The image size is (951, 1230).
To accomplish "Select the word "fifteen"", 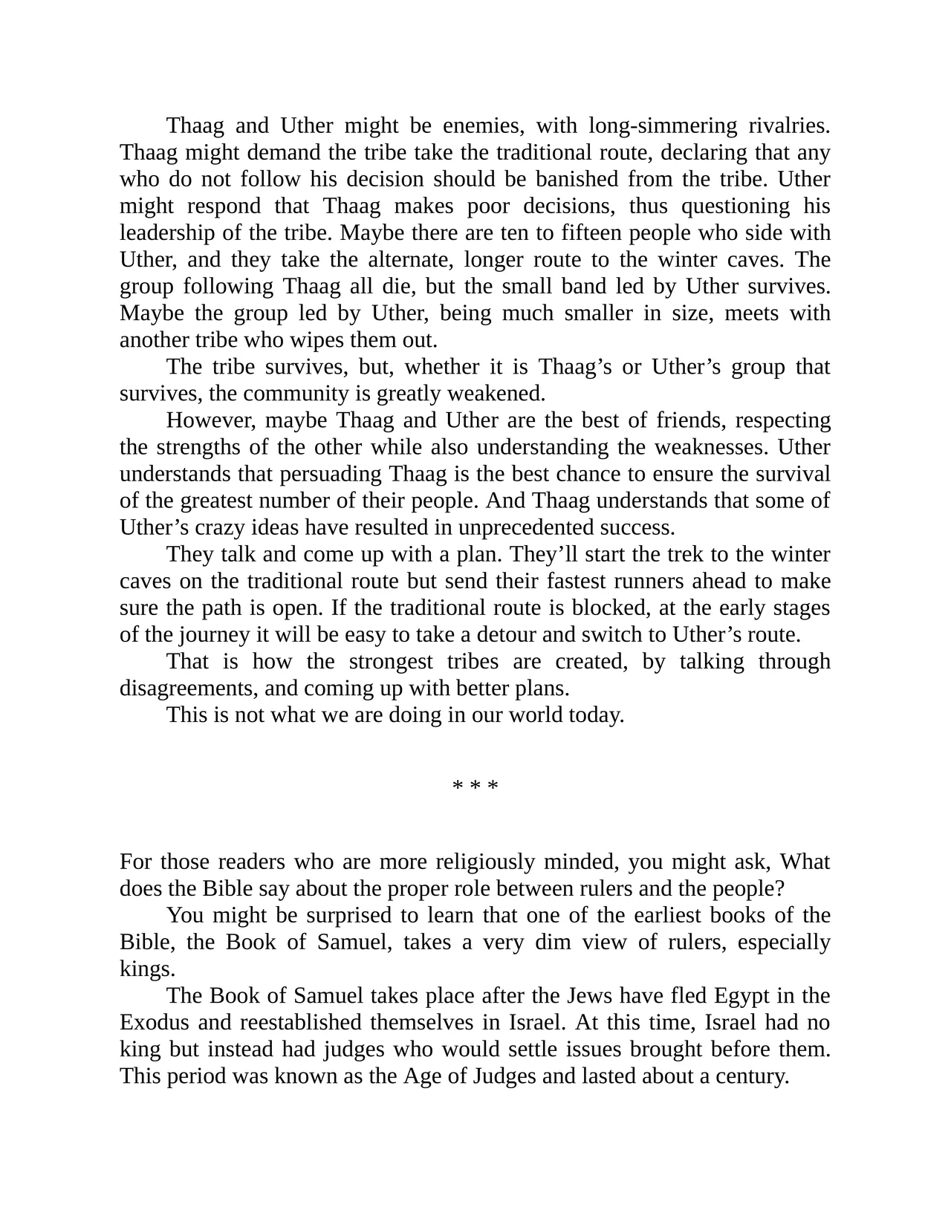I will point(590,233).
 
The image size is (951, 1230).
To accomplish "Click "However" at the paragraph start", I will point(210,420).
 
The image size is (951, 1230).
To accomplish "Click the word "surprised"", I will point(297,916).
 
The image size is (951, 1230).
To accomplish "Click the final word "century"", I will point(751,1076).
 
